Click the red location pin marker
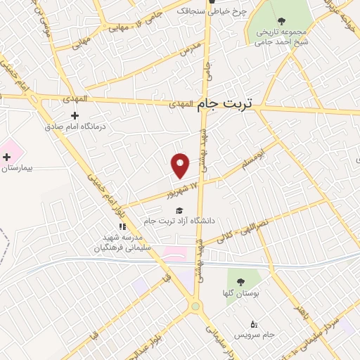(181, 165)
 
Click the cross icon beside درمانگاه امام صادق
(75, 115)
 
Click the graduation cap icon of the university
(179, 210)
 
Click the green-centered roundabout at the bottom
(194, 306)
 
